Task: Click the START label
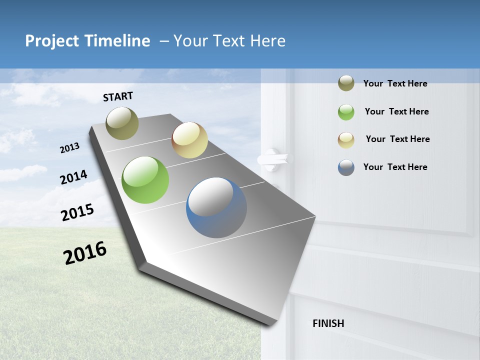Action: pos(118,96)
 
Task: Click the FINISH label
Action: pos(328,323)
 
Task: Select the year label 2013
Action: pos(69,148)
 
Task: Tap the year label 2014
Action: pos(73,177)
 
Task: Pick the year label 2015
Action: pos(77,212)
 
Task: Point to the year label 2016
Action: pos(85,253)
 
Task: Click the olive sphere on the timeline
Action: pos(122,123)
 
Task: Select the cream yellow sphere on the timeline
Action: pos(189,140)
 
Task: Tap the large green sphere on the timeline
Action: pos(145,180)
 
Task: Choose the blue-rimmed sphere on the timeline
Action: pos(216,207)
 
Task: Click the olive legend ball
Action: pos(346,83)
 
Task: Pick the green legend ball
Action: pos(346,112)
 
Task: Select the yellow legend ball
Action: pos(346,140)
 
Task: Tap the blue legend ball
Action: pos(346,167)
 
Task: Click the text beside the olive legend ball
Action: pos(395,83)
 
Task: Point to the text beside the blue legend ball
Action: pos(395,167)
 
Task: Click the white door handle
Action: pos(273,159)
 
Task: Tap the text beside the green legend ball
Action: pos(396,111)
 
